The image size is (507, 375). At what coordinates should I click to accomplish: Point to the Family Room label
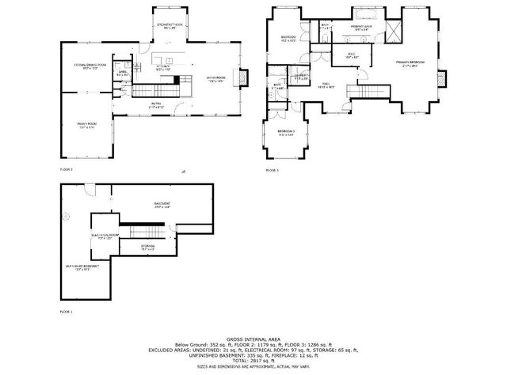[86, 126]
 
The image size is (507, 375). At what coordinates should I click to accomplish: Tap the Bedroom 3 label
[286, 133]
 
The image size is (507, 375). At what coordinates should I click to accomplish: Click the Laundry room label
[301, 78]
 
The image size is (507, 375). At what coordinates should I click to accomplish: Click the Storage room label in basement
[148, 248]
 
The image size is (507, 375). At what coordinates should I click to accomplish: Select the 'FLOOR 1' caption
[67, 312]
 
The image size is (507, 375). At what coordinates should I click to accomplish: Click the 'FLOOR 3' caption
[272, 170]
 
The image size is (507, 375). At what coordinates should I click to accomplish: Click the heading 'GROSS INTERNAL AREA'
[254, 335]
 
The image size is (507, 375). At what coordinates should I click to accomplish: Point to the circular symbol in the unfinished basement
[68, 217]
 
